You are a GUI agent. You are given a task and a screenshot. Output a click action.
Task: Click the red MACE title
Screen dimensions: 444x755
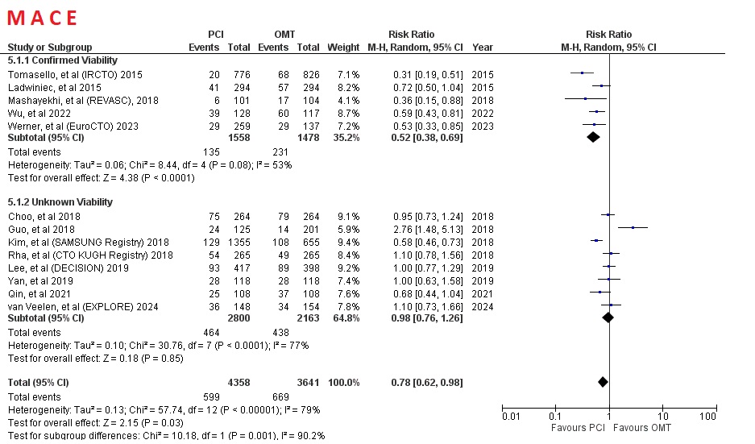point(42,18)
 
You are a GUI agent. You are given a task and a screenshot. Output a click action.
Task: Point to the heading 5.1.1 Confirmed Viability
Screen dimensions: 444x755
point(62,60)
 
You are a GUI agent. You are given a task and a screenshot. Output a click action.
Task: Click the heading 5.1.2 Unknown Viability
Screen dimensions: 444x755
point(60,202)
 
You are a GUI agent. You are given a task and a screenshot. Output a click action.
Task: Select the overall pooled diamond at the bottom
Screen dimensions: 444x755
point(602,381)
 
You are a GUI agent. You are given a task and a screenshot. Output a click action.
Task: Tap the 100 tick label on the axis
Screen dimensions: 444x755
point(708,416)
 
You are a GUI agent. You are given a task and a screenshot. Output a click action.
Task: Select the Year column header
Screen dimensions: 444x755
point(482,48)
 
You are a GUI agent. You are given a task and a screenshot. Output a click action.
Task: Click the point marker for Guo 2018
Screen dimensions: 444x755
point(633,228)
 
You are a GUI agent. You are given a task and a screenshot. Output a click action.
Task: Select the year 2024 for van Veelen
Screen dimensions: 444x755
point(483,306)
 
